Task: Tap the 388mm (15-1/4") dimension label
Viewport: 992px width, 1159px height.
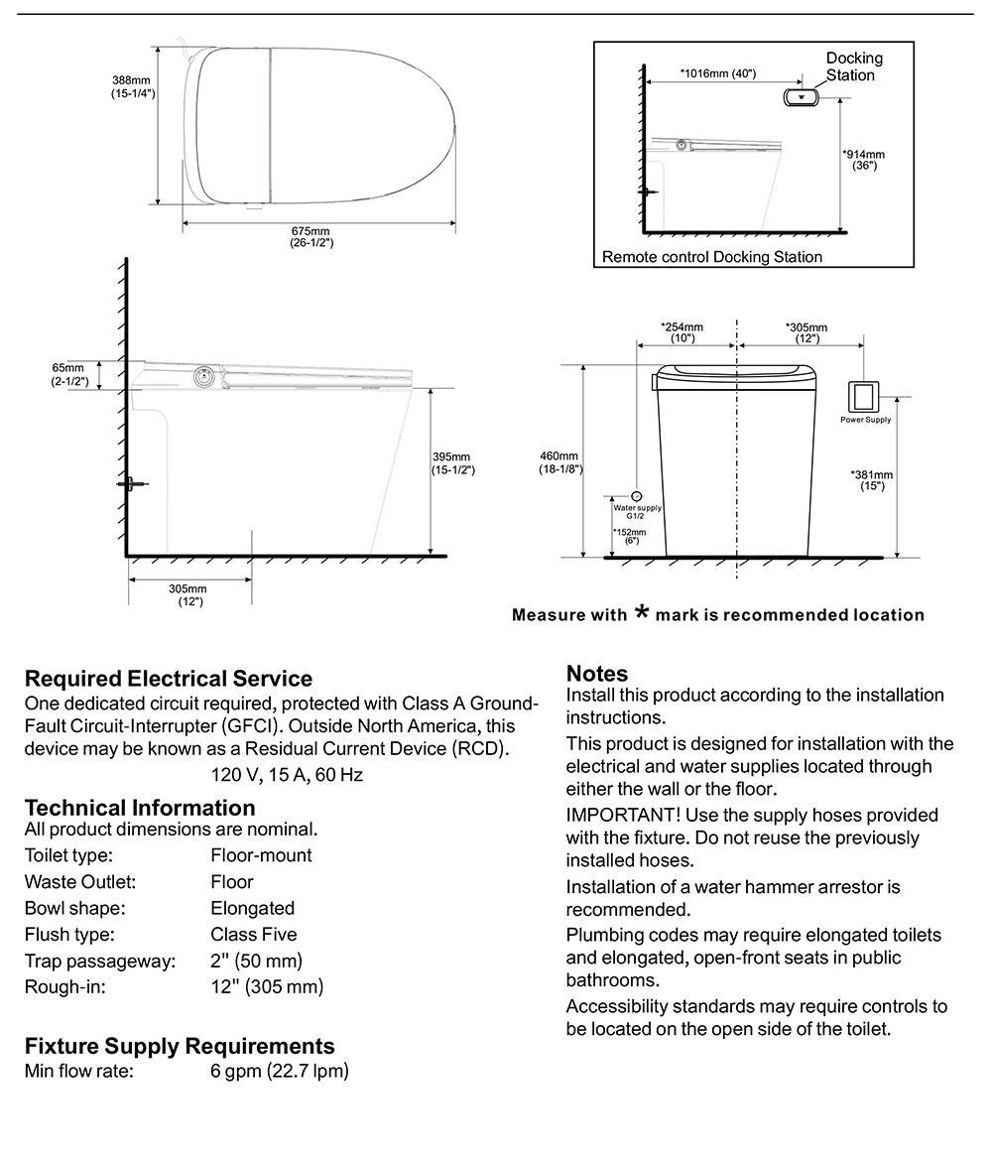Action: point(132,87)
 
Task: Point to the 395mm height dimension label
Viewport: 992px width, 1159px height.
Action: point(452,463)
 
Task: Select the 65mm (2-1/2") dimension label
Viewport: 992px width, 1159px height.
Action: point(70,374)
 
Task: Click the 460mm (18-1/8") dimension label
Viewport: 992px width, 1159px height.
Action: point(559,462)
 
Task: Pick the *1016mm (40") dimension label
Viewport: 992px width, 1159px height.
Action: point(718,72)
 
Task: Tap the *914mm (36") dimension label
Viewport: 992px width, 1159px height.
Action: point(863,160)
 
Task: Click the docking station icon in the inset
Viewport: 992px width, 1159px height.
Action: point(799,97)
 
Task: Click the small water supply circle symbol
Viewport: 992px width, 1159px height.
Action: point(637,494)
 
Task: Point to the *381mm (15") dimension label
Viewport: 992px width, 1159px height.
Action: point(872,480)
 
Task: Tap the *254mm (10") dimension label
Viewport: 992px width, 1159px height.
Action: point(682,332)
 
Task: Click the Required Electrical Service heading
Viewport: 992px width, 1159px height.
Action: point(169,679)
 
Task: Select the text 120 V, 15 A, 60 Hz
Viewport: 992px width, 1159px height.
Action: point(301,774)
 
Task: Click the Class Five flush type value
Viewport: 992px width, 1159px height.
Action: point(254,934)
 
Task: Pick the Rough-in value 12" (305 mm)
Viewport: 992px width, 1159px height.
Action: point(267,986)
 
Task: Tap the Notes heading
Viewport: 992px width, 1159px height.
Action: point(597,674)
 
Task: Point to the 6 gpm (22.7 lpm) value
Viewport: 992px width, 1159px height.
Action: point(280,1072)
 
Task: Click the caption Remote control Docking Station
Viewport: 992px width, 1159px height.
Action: point(712,257)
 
